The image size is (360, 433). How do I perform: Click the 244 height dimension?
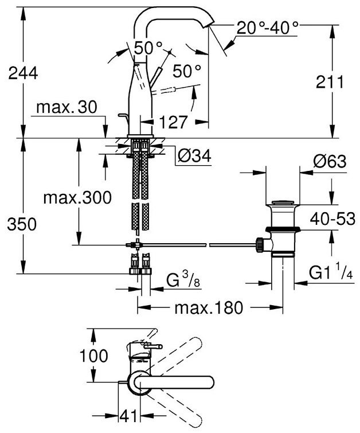[21, 73]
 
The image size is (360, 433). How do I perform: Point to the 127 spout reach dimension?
[174, 122]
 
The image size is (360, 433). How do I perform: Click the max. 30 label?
[66, 107]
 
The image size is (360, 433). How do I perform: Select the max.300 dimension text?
[77, 198]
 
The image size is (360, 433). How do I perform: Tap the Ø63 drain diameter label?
[330, 162]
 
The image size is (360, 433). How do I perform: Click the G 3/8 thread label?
[183, 282]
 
